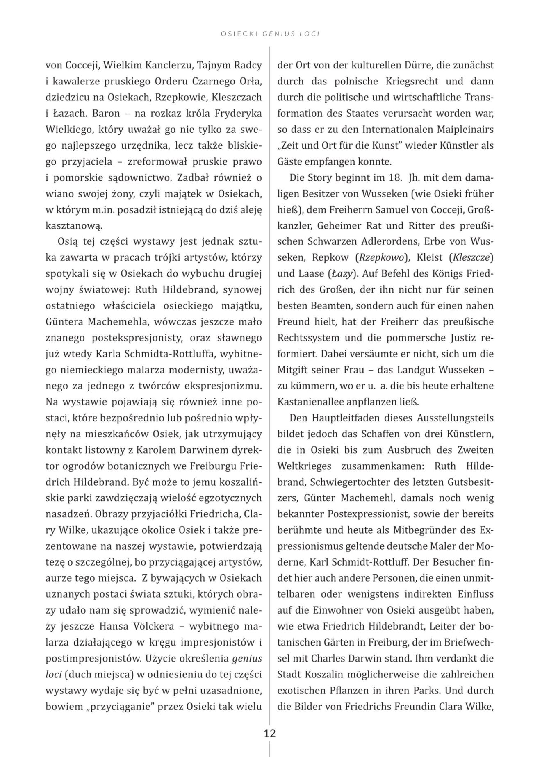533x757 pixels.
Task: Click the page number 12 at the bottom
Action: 270,733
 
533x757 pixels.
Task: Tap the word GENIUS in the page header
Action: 277,34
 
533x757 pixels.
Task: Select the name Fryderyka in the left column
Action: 240,113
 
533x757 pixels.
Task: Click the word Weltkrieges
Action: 304,466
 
